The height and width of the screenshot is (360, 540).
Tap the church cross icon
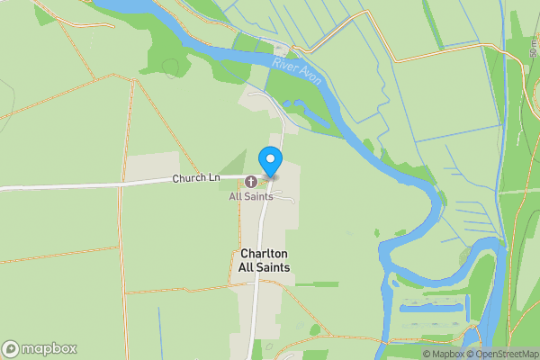(250, 181)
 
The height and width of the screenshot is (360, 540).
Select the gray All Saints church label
(251, 196)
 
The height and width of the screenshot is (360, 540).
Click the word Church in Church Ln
(189, 178)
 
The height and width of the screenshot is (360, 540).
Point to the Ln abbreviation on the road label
(213, 178)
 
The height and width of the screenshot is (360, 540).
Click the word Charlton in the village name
(265, 255)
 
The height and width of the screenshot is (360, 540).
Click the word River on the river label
(285, 65)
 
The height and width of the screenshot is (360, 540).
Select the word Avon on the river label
(310, 76)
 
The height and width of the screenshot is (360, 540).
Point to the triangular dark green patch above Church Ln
(236, 162)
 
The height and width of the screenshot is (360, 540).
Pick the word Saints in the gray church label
(259, 196)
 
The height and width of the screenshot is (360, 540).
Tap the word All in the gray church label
(236, 196)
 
